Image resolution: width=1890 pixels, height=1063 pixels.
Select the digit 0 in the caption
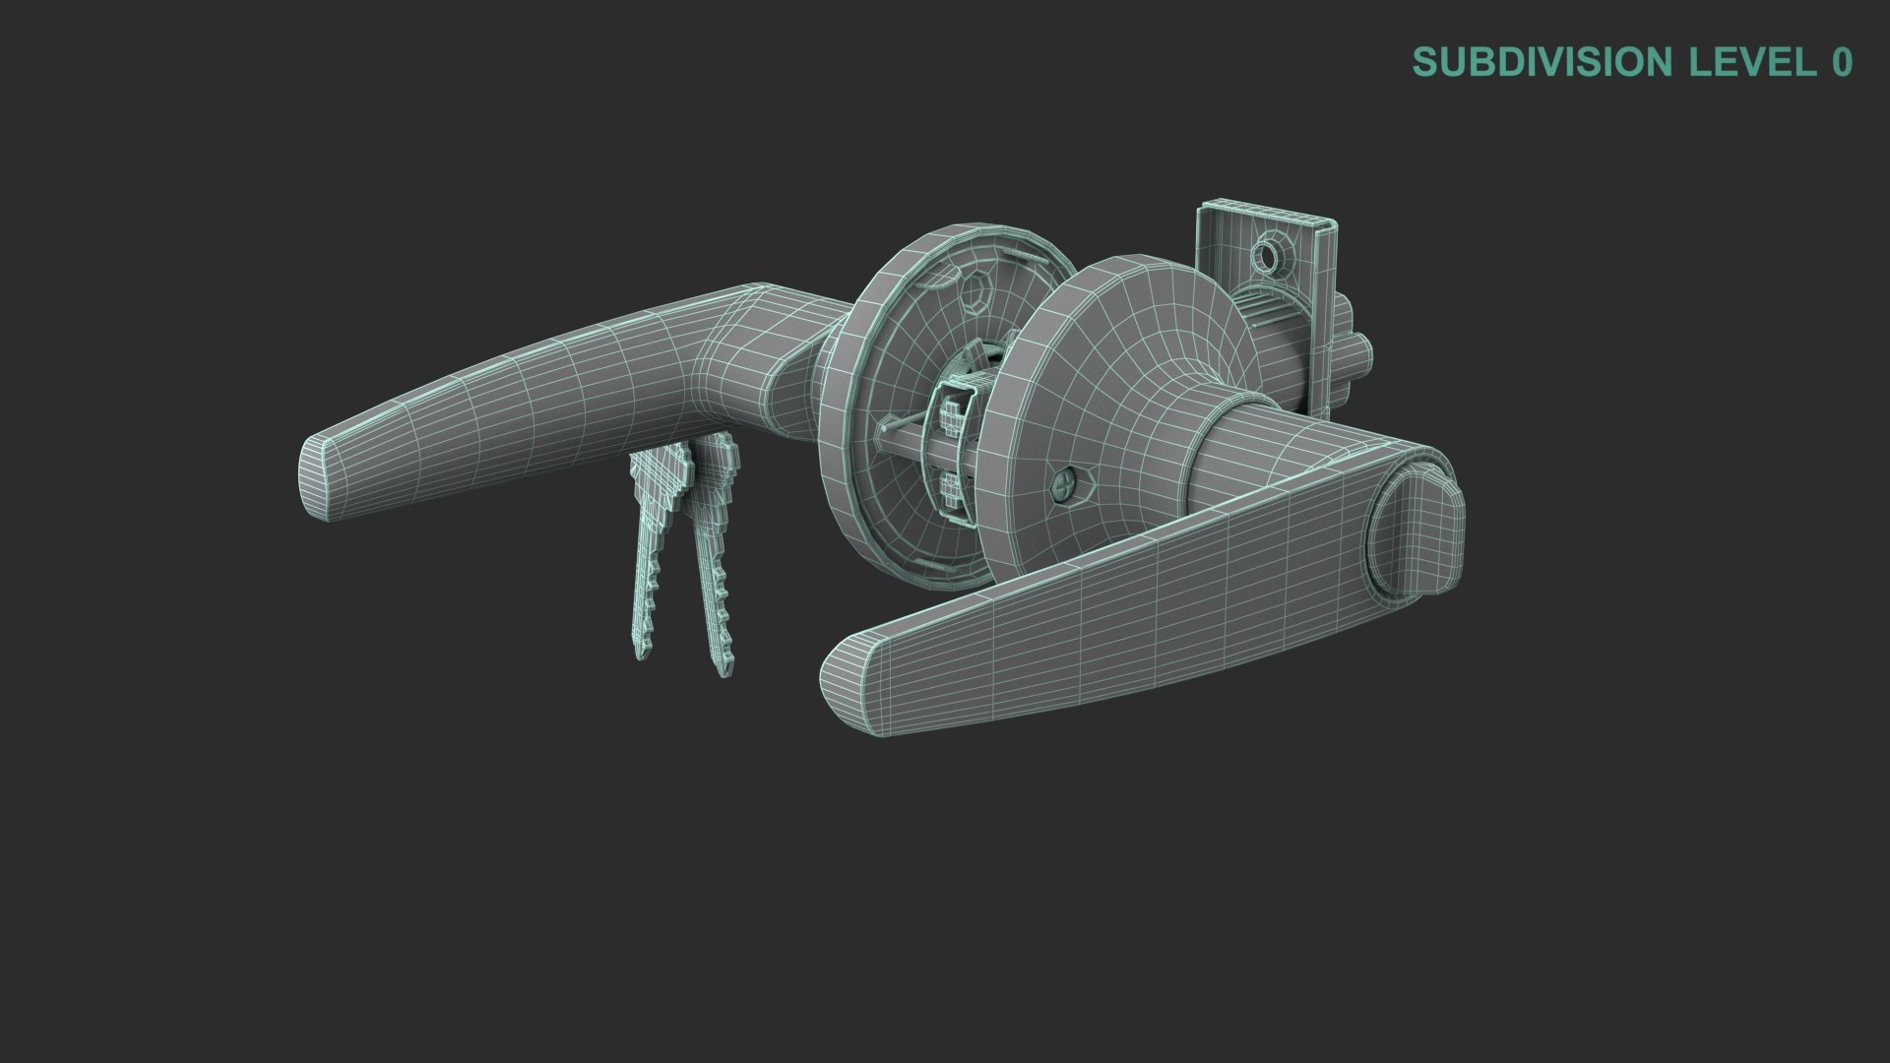tap(1842, 62)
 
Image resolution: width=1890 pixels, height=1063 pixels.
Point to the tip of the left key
tap(642, 653)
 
